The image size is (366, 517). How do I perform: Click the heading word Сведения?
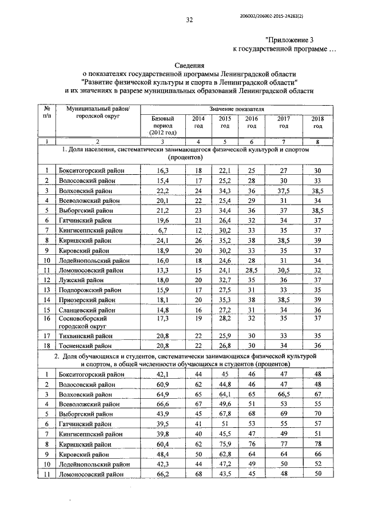click(x=189, y=66)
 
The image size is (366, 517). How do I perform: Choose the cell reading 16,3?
click(x=162, y=170)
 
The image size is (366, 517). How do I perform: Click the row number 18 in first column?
click(x=46, y=346)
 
